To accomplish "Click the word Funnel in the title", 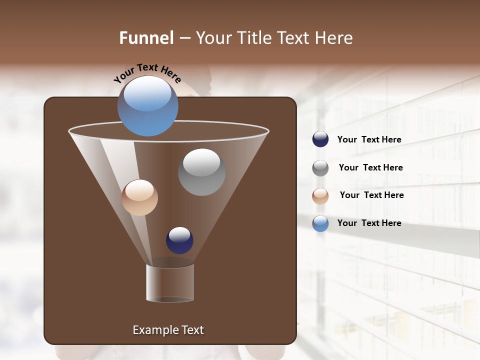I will coord(146,38).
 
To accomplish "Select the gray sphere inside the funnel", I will coord(202,172).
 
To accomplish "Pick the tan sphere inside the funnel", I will coord(139,197).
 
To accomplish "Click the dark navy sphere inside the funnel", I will coord(179,240).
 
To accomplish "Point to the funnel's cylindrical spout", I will coord(170,282).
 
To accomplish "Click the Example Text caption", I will coord(168,330).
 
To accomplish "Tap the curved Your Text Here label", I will coord(147,73).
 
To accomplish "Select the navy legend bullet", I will coord(320,139).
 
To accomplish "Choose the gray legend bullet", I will coord(320,167).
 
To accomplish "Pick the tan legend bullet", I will coord(320,195).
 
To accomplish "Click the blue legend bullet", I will coord(320,223).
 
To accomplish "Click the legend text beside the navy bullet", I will coord(369,139).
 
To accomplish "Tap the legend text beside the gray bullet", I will coord(370,167).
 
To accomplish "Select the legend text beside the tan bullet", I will coord(371,195).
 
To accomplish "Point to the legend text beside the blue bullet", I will coord(369,223).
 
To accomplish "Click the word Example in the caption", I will coord(154,330).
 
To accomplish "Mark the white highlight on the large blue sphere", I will coord(147,93).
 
